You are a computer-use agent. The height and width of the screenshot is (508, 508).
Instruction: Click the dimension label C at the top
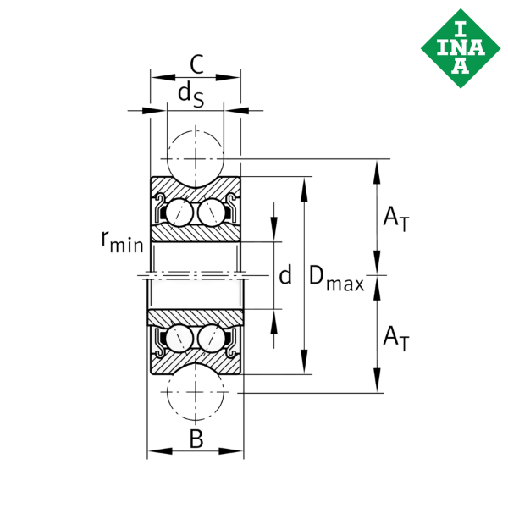coord(196,63)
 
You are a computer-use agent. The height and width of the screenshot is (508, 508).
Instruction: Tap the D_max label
coord(335,278)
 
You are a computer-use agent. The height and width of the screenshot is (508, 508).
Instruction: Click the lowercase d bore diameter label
coord(285,275)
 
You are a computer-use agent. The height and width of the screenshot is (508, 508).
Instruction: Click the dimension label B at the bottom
coord(196,439)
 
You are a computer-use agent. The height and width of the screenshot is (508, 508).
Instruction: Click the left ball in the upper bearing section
coord(179,213)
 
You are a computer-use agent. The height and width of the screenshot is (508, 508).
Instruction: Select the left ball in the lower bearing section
coord(179,339)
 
